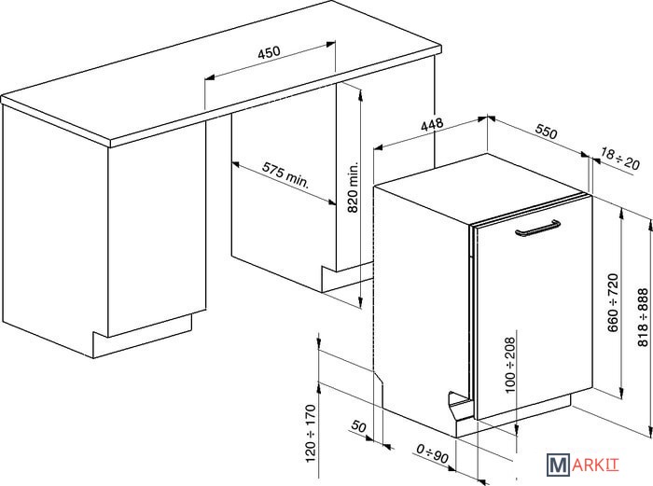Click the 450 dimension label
pos(269,52)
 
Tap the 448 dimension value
pos(432,125)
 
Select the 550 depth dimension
pos(546,132)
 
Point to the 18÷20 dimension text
pos(619,159)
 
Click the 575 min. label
pos(286,175)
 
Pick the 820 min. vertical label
pos(353,187)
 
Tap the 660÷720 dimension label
pos(613,303)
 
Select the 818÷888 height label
pos(643,317)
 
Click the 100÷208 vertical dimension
pos(509,365)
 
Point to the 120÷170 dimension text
pos(311,433)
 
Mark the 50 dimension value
pos(358,426)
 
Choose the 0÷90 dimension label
pos(433,454)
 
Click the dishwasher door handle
pos(537,229)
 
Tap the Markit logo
pos(583,465)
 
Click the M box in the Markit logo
pos(558,465)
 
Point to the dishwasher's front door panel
pos(535,307)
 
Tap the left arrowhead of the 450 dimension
pos(209,77)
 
